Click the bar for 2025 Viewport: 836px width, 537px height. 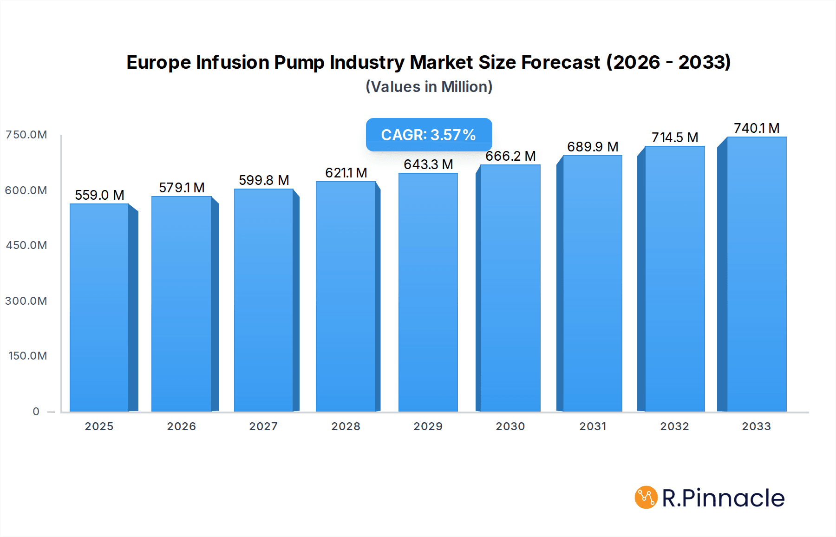click(99, 308)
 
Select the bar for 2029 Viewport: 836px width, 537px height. click(428, 293)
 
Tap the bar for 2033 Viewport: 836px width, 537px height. click(757, 274)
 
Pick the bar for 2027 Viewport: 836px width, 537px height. click(264, 300)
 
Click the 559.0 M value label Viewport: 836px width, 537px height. click(99, 195)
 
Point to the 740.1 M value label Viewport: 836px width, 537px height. click(757, 128)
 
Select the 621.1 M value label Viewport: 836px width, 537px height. click(346, 173)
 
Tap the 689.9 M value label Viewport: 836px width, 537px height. click(593, 147)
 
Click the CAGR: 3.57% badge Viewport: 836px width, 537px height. click(429, 135)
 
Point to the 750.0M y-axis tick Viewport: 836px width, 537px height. click(26, 135)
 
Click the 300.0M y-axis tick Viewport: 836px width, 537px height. click(26, 301)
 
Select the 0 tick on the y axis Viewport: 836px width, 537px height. click(36, 412)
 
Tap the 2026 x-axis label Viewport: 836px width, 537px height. click(182, 426)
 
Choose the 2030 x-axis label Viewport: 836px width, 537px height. click(510, 426)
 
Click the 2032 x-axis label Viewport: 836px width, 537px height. click(675, 426)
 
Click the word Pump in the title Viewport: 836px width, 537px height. click(299, 62)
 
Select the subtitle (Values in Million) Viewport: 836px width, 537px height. click(429, 87)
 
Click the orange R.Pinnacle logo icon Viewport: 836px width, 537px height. click(646, 498)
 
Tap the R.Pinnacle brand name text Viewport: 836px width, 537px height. click(723, 498)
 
